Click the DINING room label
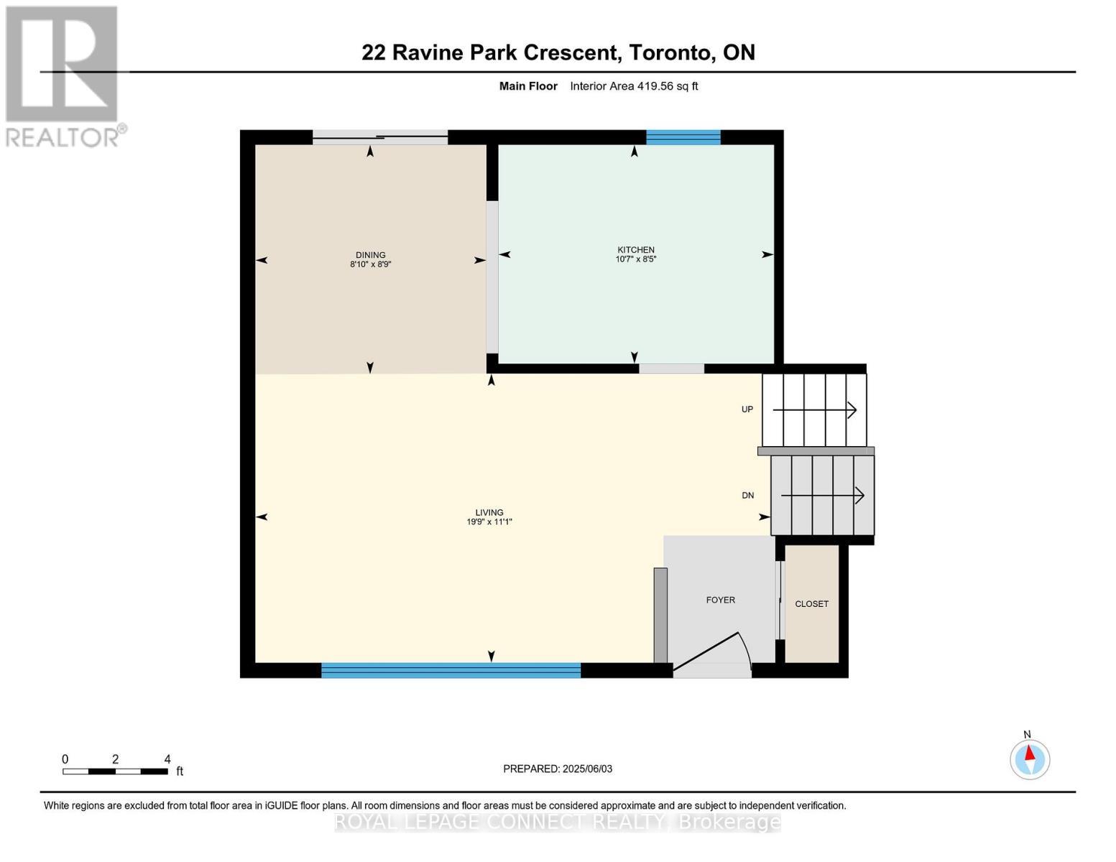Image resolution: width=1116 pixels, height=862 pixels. [370, 255]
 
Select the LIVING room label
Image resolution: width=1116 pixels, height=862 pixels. [489, 513]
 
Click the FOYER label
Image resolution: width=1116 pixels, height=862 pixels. [720, 600]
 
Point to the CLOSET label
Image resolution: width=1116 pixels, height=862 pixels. [811, 604]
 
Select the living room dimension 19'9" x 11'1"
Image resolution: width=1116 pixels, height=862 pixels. [489, 522]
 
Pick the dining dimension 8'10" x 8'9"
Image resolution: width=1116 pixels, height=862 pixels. [370, 264]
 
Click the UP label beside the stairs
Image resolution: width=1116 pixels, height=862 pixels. [747, 409]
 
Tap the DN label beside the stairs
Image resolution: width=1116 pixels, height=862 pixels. [747, 496]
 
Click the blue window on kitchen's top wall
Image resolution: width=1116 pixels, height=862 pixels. [683, 137]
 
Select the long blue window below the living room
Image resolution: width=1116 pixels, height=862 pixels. [451, 670]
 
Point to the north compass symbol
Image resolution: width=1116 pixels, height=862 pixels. [1030, 759]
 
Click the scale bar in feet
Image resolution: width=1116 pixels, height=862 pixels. [115, 771]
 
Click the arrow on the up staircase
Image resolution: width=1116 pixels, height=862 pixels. [814, 410]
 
